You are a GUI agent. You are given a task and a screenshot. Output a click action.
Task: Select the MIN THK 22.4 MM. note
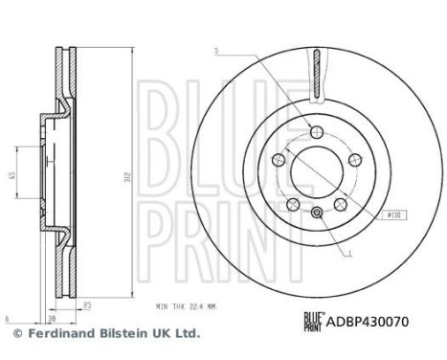tap(187, 306)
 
